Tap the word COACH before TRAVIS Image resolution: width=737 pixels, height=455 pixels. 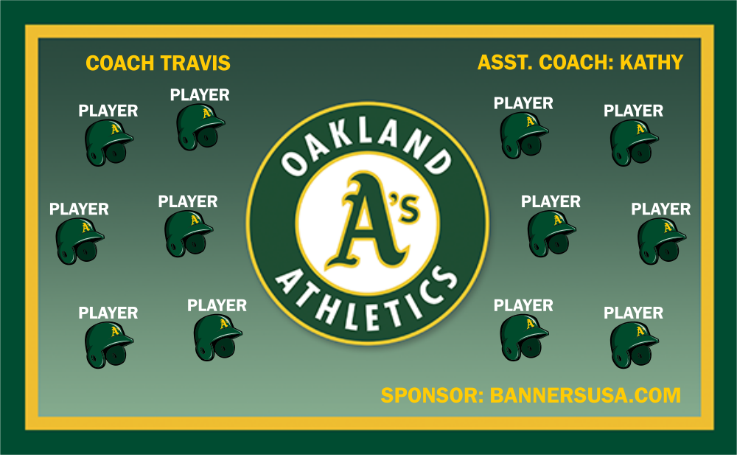point(120,63)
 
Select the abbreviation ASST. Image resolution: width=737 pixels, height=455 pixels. point(506,63)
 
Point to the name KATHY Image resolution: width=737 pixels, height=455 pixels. point(652,63)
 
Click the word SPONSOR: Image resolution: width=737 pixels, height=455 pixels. point(432,395)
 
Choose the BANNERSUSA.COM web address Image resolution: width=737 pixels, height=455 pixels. point(585,395)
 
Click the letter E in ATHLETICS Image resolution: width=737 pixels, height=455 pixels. point(371,316)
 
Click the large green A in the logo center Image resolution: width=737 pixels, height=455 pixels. point(366,221)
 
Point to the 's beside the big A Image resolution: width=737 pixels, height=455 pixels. point(407,207)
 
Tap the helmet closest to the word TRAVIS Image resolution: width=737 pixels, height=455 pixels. point(200,127)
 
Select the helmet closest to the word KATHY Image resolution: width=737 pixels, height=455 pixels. point(635,142)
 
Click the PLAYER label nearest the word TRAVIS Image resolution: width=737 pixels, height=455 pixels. point(200,95)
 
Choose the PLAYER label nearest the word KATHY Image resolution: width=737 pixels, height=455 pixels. point(633,111)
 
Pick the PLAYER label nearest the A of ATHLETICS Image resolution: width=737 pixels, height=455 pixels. point(217,306)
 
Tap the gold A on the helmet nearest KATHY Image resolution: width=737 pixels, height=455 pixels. point(640,128)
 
